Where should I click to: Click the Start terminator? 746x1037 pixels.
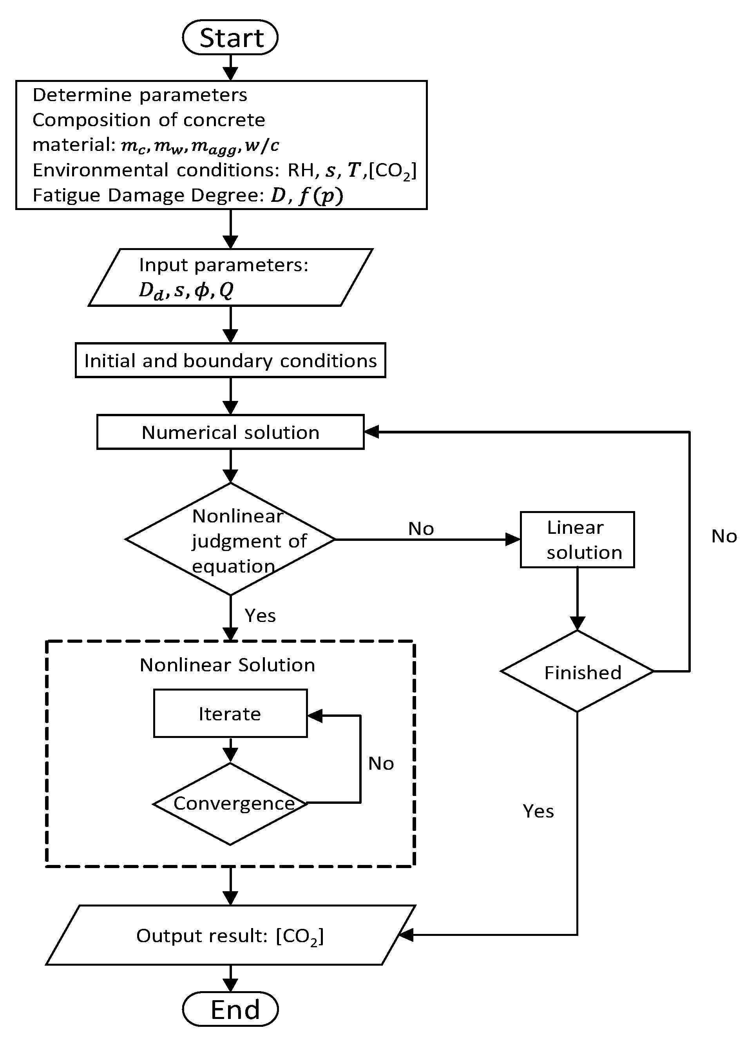pyautogui.click(x=230, y=38)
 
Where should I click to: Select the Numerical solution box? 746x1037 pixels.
pyautogui.click(x=230, y=432)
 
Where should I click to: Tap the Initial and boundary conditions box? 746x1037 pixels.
pyautogui.click(x=230, y=361)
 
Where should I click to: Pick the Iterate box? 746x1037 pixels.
pyautogui.click(x=230, y=714)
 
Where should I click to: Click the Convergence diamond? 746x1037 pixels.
pyautogui.click(x=230, y=803)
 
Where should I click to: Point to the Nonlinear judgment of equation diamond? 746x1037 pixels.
pyautogui.click(x=230, y=540)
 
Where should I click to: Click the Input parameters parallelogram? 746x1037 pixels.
pyautogui.click(x=230, y=277)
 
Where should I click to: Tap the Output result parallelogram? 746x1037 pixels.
pyautogui.click(x=230, y=935)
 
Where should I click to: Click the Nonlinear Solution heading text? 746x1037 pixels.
pyautogui.click(x=227, y=665)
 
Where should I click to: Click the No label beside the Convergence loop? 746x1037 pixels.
pyautogui.click(x=381, y=763)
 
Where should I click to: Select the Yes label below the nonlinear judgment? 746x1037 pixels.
pyautogui.click(x=260, y=615)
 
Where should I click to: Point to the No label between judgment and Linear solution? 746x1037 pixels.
pyautogui.click(x=420, y=529)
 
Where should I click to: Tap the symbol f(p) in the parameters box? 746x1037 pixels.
pyautogui.click(x=320, y=196)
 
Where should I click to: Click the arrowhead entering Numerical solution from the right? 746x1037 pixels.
pyautogui.click(x=371, y=431)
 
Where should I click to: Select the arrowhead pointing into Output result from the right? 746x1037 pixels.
pyautogui.click(x=406, y=935)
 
